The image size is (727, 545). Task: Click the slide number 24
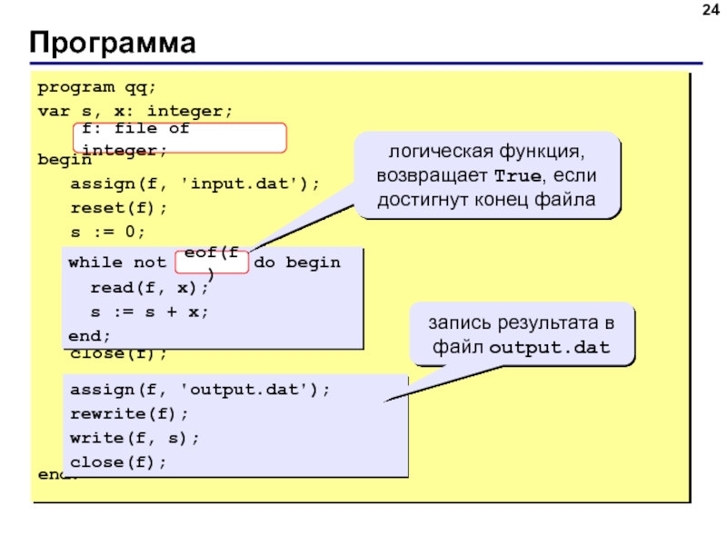point(706,11)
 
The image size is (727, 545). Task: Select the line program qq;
point(97,88)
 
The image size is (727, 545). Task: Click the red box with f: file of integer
point(180,138)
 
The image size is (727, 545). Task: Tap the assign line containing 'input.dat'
point(195,183)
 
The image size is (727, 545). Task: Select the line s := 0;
point(108,231)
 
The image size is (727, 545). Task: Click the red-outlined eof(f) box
point(211,261)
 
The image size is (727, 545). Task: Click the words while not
point(117,263)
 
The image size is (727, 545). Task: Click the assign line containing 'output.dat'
point(200,390)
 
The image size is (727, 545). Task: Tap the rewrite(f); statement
point(129,413)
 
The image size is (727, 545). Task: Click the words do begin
point(297,263)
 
